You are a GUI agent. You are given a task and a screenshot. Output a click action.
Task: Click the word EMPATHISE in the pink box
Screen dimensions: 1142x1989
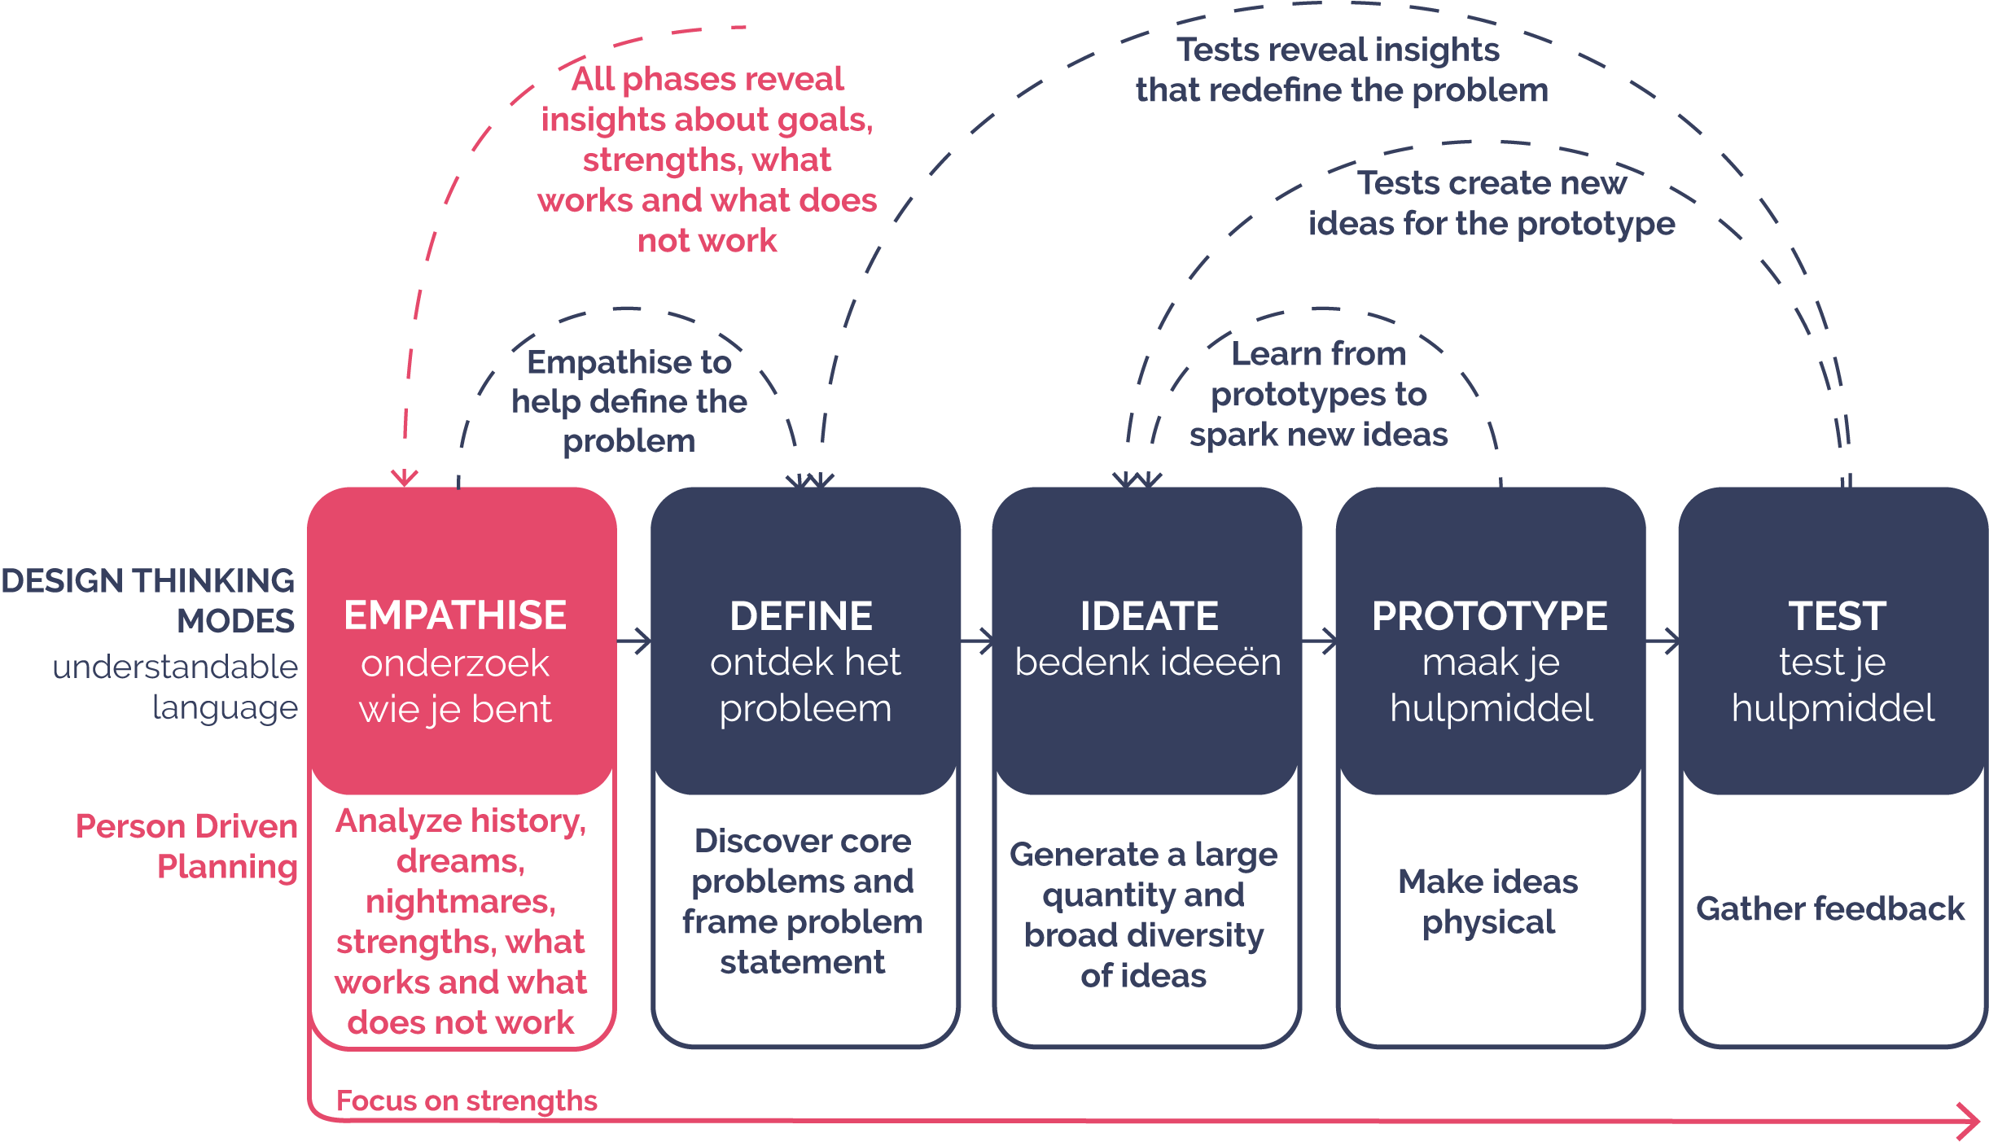click(454, 615)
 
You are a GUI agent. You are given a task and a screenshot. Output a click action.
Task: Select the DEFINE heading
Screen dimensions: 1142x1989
click(801, 616)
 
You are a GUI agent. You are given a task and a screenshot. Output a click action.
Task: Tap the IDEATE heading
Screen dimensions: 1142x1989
click(1149, 616)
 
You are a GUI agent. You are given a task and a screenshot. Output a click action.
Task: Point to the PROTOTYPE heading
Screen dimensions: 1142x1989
click(1489, 616)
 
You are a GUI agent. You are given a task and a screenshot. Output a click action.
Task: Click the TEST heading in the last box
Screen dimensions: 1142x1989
click(1837, 616)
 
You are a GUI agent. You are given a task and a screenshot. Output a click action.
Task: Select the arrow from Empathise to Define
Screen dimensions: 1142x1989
click(635, 641)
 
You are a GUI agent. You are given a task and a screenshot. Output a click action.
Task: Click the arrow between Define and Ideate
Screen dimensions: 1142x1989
click(978, 641)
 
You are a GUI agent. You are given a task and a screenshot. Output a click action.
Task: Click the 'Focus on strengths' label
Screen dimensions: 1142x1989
click(467, 1100)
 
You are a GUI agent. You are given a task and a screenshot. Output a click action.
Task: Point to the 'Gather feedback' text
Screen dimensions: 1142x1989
click(1830, 908)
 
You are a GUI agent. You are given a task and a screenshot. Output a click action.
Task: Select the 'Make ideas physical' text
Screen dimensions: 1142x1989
click(1488, 902)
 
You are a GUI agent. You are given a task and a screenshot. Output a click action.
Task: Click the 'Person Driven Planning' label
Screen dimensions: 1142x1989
click(187, 847)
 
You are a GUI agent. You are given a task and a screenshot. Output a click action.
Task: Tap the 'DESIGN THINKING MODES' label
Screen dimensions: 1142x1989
click(148, 601)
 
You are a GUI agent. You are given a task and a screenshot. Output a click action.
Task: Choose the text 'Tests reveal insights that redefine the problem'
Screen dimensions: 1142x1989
click(1342, 70)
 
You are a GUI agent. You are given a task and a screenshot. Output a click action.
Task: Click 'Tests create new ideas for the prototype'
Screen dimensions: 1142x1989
click(1492, 203)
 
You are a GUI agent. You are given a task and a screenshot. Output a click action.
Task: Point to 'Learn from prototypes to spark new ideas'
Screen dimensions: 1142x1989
click(1319, 395)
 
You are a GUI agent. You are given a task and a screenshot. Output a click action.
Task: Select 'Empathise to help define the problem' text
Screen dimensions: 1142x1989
click(629, 401)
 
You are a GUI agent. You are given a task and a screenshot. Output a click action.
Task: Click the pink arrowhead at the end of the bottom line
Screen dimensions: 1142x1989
click(1970, 1122)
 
